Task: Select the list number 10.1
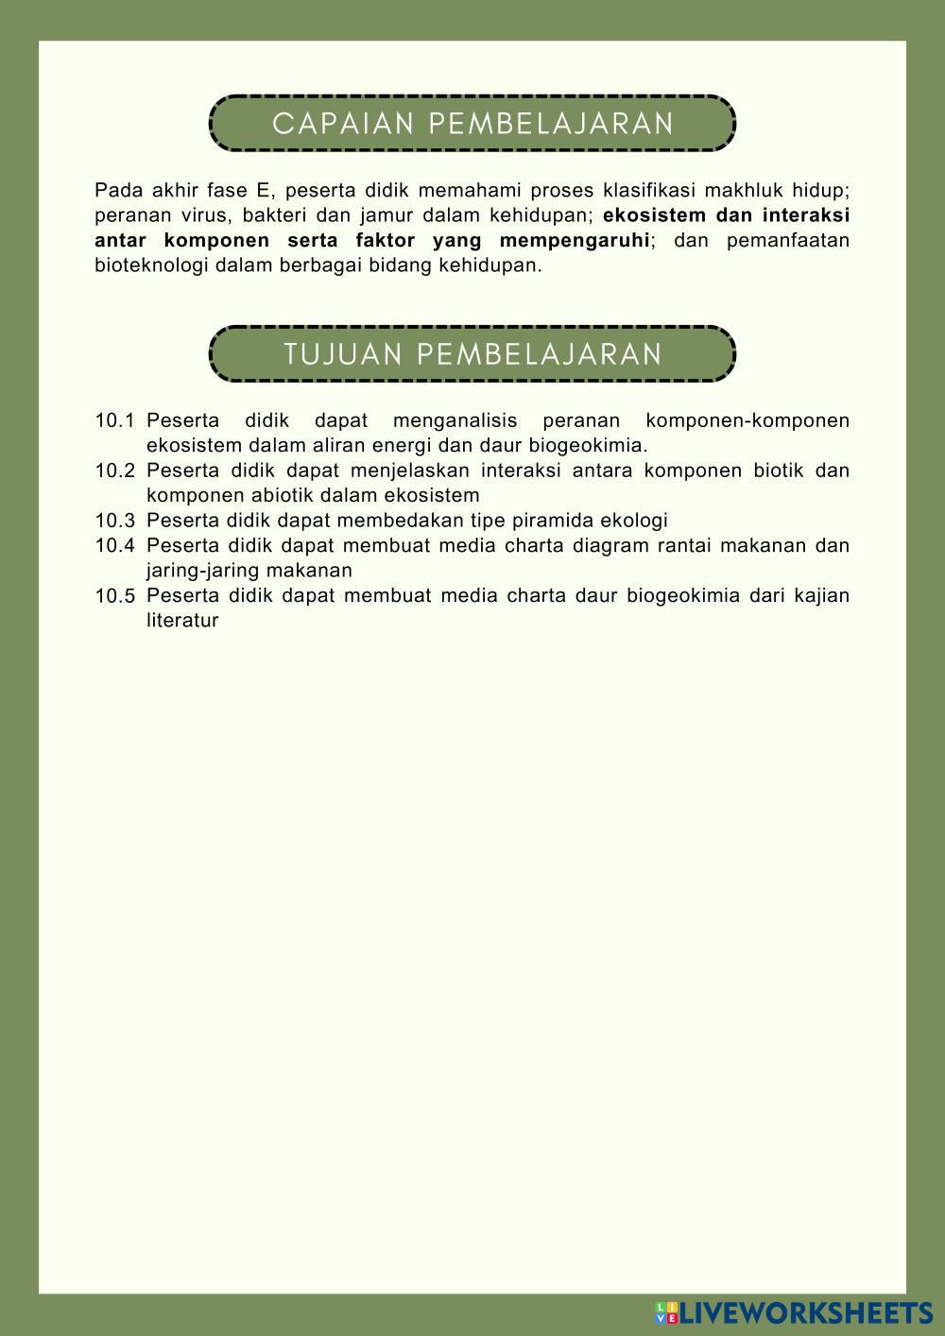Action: tap(114, 420)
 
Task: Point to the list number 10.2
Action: tap(114, 471)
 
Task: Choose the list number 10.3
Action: tap(114, 521)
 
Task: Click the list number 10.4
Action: tap(114, 545)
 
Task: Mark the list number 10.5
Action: tap(114, 596)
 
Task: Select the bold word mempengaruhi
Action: tap(575, 240)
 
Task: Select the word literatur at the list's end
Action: tap(182, 621)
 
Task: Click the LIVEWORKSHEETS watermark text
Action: tap(806, 1312)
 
